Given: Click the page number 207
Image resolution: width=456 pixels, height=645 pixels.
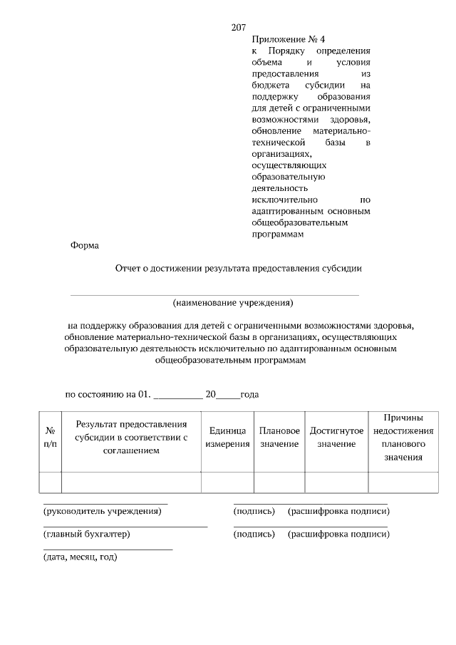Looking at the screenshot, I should (x=239, y=28).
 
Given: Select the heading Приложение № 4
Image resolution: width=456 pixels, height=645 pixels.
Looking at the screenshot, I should (x=283, y=40).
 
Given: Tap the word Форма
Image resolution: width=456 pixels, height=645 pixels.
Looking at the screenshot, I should (x=85, y=245).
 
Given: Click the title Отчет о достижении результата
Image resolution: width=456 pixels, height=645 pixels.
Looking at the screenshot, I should (x=239, y=269).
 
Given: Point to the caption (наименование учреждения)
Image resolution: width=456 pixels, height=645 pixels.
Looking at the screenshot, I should (x=233, y=302).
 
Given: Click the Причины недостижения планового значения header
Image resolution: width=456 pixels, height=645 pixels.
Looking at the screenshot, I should (x=403, y=437).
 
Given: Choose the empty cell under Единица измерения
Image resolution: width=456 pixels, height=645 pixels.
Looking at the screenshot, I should (x=227, y=483).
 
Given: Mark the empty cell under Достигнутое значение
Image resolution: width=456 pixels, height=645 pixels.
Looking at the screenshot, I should (x=336, y=483).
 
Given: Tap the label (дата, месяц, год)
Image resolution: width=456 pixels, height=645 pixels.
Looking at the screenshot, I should (x=80, y=557).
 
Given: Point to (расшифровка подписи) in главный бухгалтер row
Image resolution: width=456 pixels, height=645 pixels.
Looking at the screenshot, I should (x=338, y=534).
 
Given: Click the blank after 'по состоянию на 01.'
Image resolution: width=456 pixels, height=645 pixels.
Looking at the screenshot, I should (x=178, y=395).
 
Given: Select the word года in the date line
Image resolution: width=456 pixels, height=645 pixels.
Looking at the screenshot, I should (x=249, y=393).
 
